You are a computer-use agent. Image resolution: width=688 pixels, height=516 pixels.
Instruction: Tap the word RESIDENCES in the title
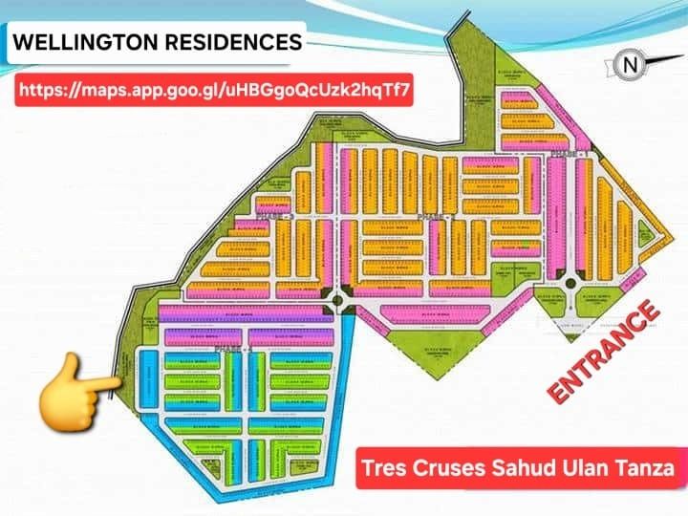point(229,43)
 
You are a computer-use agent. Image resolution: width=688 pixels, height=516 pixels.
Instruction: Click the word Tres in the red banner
point(383,469)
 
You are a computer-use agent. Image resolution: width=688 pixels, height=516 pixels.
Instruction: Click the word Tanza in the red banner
point(641,469)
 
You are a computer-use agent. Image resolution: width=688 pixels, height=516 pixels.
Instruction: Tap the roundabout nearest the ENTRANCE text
point(571,281)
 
